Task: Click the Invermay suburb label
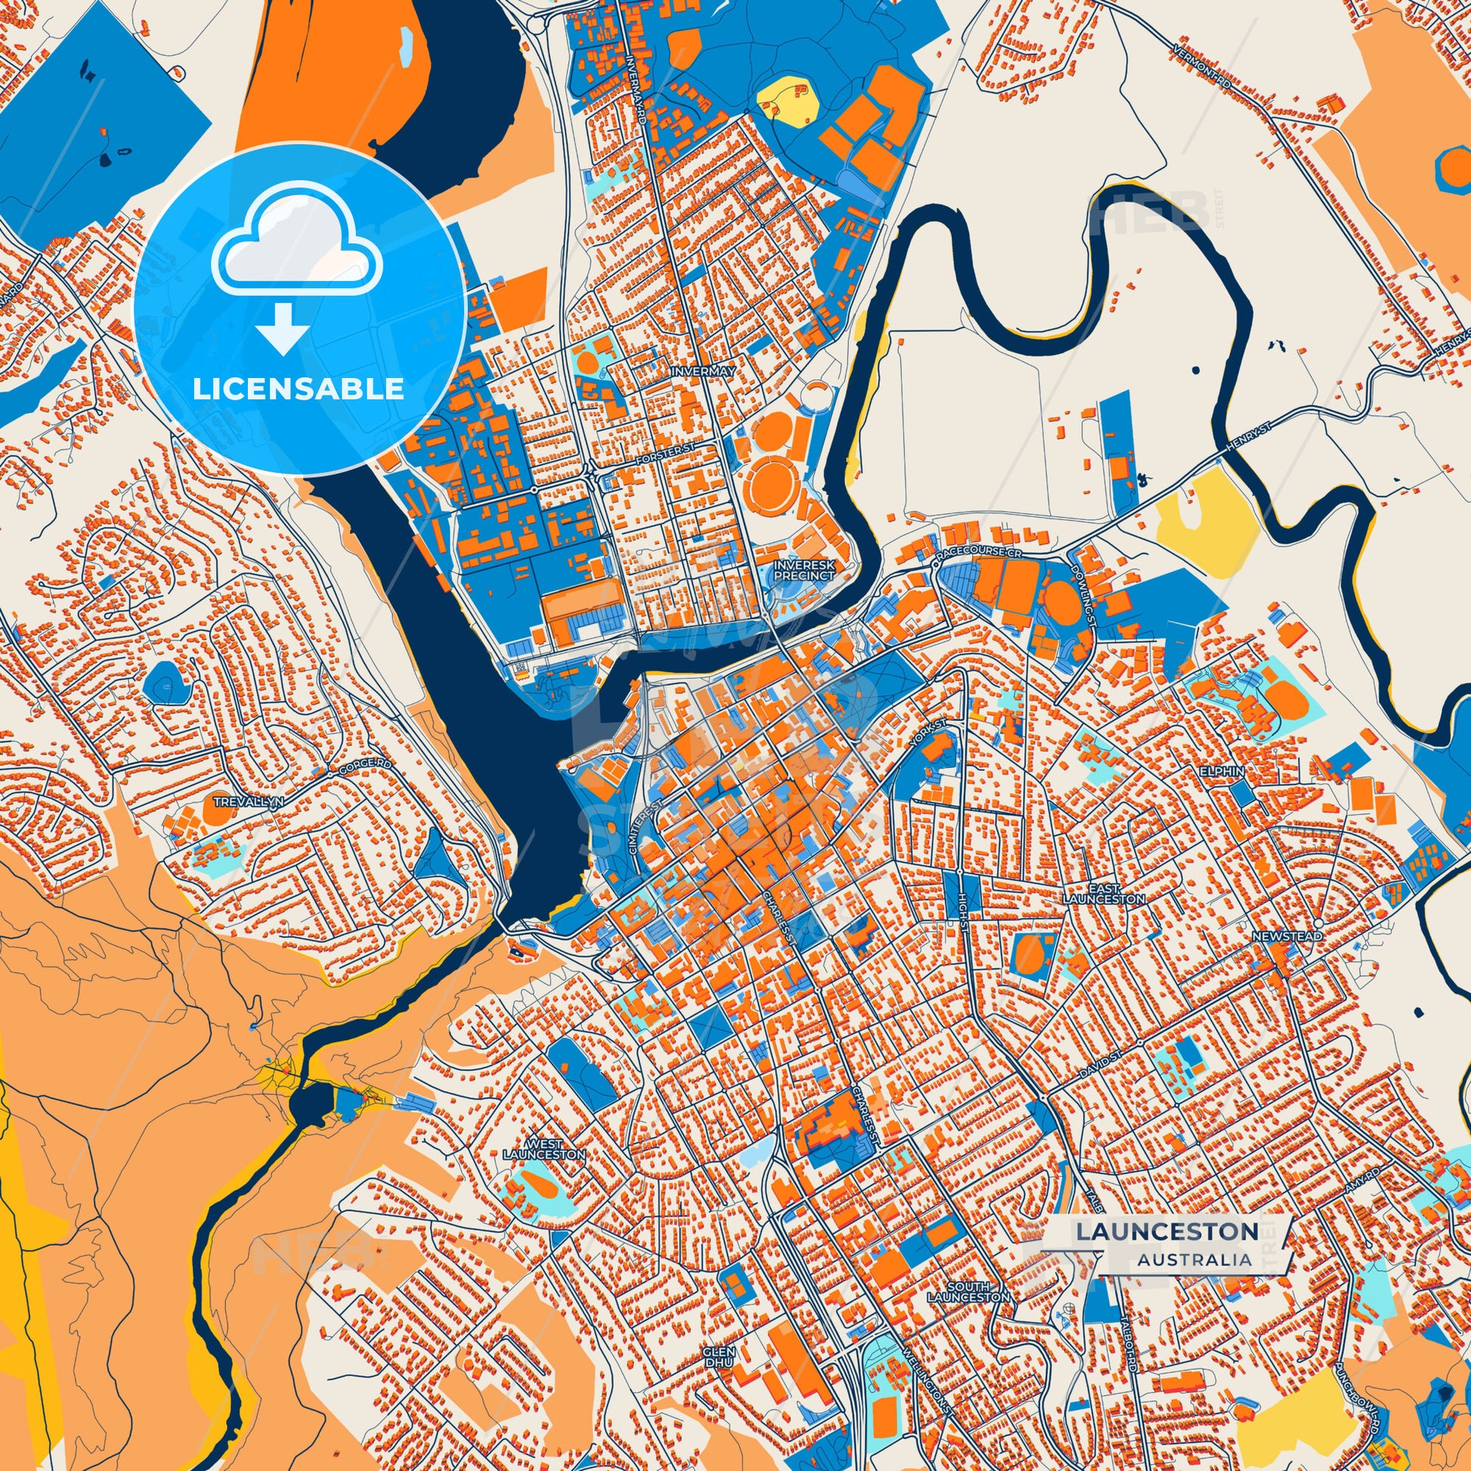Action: [703, 372]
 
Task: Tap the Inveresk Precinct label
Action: [805, 570]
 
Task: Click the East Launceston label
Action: [1104, 894]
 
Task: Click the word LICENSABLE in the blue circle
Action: [298, 389]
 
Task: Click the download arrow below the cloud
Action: [283, 329]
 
